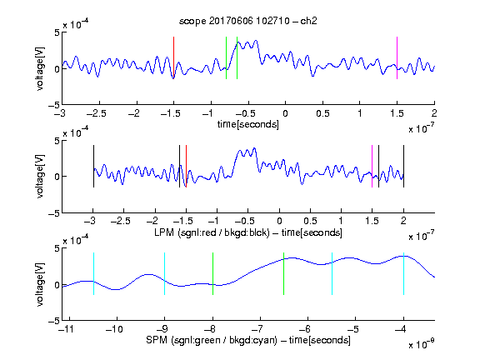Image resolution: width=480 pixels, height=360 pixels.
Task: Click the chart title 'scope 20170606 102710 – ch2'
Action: point(248,21)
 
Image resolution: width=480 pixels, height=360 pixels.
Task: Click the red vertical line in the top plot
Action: point(173,57)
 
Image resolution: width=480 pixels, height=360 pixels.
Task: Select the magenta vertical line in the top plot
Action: point(397,57)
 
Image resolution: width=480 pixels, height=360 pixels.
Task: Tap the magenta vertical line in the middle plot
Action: point(372,166)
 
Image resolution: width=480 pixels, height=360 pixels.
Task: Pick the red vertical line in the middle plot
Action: point(186,166)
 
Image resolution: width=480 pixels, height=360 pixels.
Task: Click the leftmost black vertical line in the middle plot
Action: point(93,166)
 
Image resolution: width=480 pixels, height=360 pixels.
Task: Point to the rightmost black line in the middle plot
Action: point(403,166)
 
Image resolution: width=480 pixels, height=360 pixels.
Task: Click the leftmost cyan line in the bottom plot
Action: point(93,273)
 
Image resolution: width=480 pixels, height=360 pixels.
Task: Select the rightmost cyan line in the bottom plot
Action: point(403,273)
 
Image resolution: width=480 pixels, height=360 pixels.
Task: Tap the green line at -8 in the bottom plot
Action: point(212,273)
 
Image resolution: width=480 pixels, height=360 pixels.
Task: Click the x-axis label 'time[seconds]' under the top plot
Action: point(248,124)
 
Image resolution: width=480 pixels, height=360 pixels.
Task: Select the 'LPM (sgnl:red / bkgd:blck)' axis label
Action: point(212,232)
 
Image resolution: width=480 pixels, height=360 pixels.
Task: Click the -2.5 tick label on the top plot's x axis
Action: point(96,113)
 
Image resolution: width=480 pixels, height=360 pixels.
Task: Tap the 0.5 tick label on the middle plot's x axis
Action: point(310,221)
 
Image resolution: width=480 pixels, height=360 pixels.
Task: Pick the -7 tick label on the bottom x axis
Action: point(259,329)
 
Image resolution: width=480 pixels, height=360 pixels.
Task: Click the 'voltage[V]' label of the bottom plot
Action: point(40,284)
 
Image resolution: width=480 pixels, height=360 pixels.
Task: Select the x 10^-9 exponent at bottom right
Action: point(422,343)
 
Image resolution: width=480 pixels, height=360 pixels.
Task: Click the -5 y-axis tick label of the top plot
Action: point(54,105)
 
